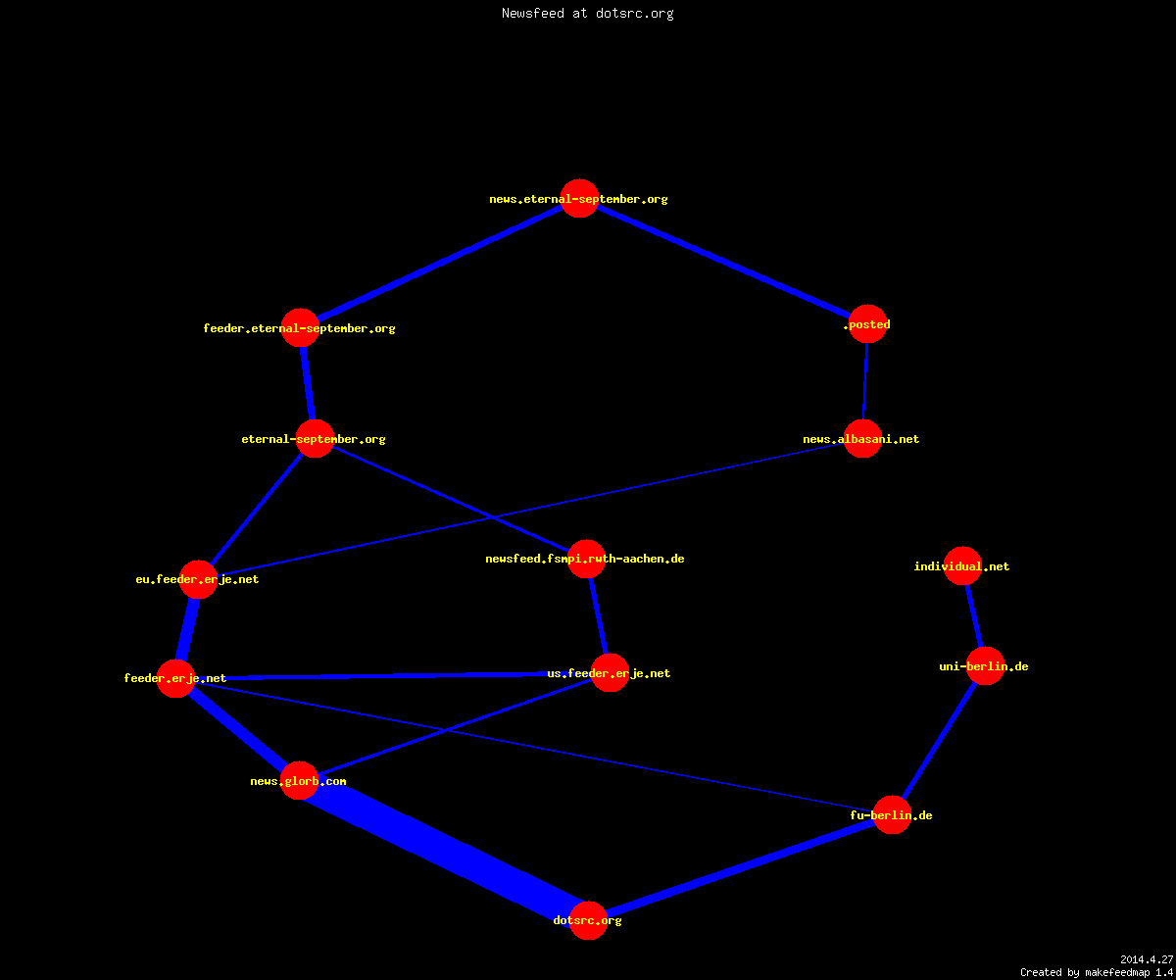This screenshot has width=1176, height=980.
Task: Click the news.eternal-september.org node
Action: [x=579, y=198]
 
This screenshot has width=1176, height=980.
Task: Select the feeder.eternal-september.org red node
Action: [x=300, y=327]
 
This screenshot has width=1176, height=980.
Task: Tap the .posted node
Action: [x=868, y=323]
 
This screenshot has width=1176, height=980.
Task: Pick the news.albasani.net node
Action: [x=862, y=438]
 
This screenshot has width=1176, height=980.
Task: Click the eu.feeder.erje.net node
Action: [x=198, y=579]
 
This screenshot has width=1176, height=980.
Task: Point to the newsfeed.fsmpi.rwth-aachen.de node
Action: [x=586, y=559]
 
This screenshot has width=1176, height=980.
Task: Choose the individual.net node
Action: [x=962, y=565]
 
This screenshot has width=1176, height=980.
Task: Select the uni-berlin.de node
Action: [x=985, y=665]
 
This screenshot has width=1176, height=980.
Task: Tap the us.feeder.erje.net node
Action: [x=610, y=672]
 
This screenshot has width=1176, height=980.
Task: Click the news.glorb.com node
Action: [x=299, y=780]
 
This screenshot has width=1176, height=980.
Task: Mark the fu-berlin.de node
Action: [x=892, y=814]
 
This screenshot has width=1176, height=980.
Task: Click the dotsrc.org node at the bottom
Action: [x=588, y=920]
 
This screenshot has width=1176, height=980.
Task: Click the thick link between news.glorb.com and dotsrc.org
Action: [x=444, y=851]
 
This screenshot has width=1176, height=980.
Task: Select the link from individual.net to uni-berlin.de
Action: [x=974, y=615]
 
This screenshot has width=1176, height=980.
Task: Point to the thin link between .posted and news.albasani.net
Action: [x=865, y=381]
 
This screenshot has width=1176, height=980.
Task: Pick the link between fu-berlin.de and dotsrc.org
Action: [x=740, y=867]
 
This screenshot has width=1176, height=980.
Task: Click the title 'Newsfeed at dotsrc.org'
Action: [x=587, y=13]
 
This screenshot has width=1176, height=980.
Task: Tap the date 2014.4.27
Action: [x=1147, y=959]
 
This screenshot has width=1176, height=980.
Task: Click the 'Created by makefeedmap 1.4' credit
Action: [x=1097, y=972]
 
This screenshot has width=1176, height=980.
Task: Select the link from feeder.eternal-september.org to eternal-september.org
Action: [x=308, y=383]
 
